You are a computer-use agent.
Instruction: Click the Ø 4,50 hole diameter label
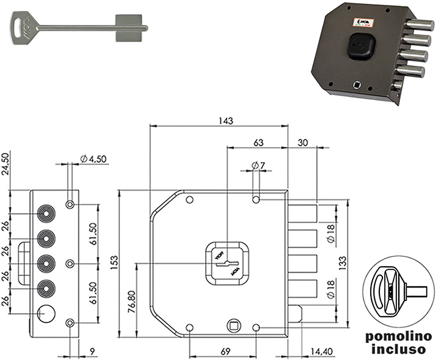(93, 159)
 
